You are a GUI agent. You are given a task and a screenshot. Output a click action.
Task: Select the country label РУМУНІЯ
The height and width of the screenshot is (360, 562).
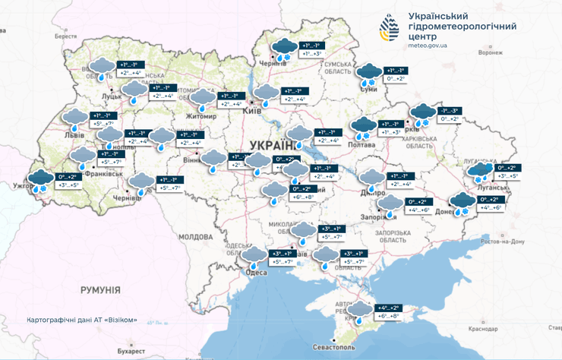point(100,290)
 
